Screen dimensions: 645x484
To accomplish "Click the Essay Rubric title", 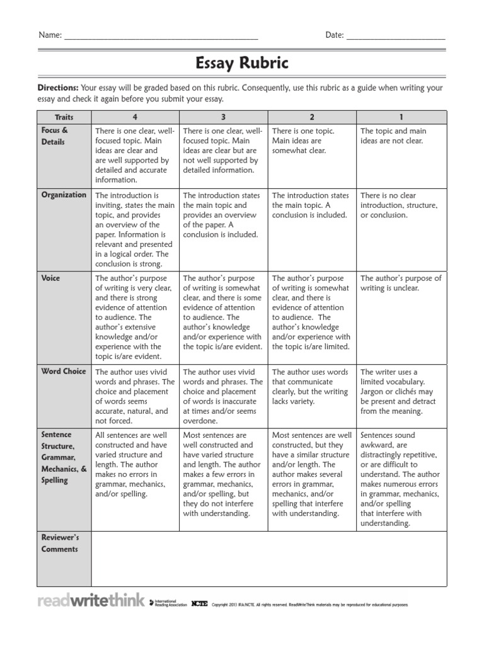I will (242, 63).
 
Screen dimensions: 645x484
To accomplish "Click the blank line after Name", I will (161, 37).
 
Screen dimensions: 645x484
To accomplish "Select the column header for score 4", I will (135, 117).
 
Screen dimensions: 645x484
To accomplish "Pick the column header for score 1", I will (401, 117).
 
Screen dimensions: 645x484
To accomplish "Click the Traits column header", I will (64, 117).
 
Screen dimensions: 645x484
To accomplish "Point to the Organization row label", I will (64, 195).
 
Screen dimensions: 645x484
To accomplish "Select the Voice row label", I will (50, 278).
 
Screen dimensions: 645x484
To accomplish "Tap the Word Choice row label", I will (64, 372).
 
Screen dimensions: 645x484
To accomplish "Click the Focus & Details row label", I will (54, 136).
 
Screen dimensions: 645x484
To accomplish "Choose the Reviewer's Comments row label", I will (60, 543).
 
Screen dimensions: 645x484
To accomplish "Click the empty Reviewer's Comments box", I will (269, 559).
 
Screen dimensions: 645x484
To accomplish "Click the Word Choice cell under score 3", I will (223, 396).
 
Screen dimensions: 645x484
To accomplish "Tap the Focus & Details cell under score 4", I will (135, 155).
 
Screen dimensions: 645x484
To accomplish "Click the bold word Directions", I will (58, 88).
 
